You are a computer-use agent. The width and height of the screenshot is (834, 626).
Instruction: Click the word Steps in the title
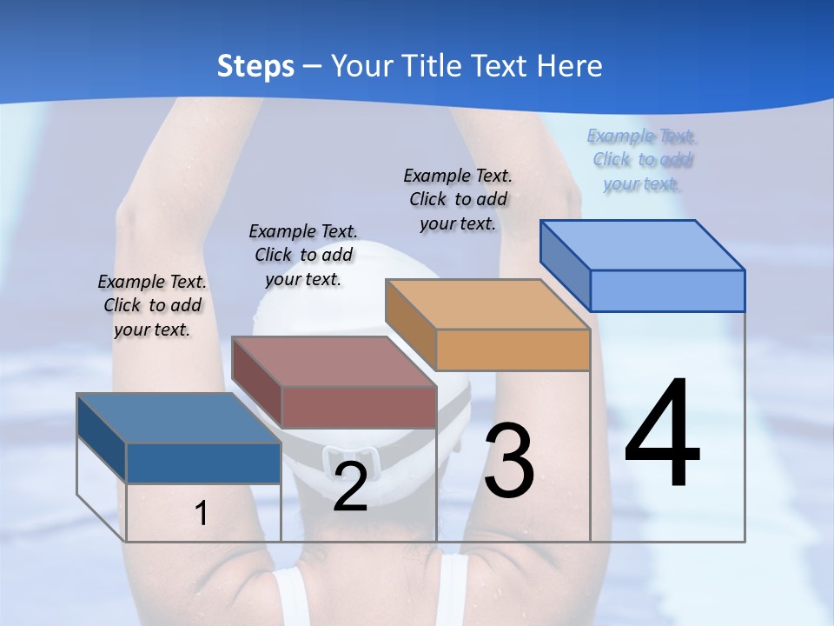(255, 66)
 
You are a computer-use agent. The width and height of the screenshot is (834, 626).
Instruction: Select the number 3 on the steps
(509, 461)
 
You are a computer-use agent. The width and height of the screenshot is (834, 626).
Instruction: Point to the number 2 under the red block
(350, 488)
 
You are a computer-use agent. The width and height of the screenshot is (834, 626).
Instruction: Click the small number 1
(202, 514)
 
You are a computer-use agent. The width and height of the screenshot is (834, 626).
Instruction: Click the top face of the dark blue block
(179, 418)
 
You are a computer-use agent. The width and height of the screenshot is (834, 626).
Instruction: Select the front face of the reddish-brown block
(359, 407)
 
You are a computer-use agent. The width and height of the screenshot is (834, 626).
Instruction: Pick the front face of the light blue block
(667, 290)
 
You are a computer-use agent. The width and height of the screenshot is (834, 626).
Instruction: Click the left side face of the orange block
(410, 323)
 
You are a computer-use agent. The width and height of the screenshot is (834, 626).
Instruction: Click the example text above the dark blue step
(152, 305)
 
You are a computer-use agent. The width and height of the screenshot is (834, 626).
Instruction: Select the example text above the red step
(303, 255)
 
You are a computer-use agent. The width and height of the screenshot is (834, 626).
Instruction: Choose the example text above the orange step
(458, 199)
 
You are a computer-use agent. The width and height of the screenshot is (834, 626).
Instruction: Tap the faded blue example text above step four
(642, 159)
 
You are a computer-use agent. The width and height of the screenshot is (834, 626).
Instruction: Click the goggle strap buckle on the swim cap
(351, 458)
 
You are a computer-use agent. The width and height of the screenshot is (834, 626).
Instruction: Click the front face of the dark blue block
(203, 463)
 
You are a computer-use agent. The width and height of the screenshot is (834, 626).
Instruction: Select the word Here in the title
(571, 66)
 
